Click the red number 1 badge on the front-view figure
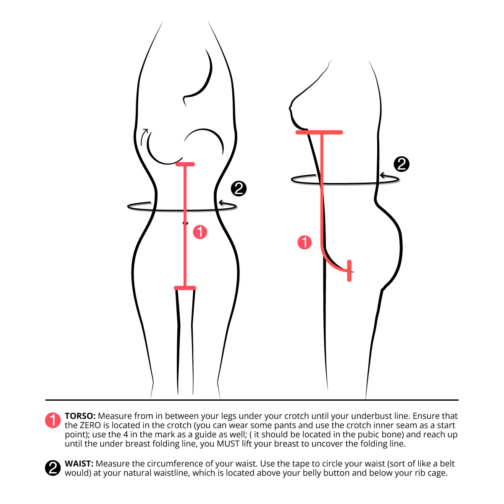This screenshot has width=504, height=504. click(200, 232)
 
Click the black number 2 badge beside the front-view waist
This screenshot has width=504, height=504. click(239, 189)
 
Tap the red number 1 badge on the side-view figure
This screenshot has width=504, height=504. click(304, 242)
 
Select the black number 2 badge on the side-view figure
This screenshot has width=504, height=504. click(402, 164)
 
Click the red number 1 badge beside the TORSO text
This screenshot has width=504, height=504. click(53, 420)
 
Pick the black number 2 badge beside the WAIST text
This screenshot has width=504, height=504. click(53, 468)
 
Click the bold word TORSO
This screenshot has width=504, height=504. click(80, 416)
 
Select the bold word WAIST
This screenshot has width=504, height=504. click(79, 463)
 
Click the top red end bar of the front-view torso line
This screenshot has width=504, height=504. click(185, 164)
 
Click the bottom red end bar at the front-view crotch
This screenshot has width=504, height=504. click(185, 288)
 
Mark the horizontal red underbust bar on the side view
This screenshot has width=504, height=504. click(319, 132)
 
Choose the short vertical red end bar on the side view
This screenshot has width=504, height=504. click(349, 271)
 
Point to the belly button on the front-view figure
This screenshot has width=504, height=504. click(185, 223)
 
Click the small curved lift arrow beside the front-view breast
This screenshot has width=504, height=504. click(144, 136)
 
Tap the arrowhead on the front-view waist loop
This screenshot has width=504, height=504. click(221, 203)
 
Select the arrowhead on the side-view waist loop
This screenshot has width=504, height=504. click(382, 175)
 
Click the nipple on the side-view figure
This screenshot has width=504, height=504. click(290, 108)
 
